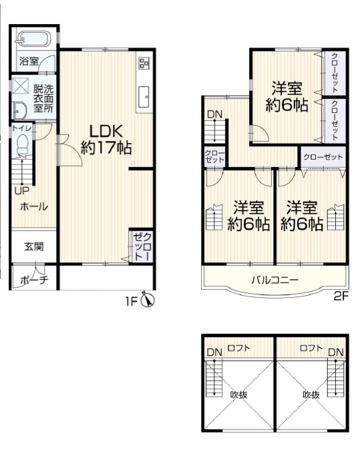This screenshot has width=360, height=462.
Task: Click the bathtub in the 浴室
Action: point(33,39)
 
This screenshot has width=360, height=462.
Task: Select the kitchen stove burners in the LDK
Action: point(144,63)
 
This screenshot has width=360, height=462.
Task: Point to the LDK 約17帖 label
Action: point(106,140)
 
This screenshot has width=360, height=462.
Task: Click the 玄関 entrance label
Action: point(34,246)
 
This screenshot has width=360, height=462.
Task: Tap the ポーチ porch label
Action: point(34,279)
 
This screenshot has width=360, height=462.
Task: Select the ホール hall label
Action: point(34,206)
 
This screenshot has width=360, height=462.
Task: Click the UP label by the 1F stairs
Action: point(22,191)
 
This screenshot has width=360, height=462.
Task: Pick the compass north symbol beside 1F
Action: point(148,300)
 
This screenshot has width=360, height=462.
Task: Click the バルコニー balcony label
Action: point(275,280)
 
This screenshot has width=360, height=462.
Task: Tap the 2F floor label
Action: point(341,296)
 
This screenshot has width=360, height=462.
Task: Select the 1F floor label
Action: point(132,301)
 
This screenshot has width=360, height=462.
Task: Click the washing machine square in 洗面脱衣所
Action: point(20,85)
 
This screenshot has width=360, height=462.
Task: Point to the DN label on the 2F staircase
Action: point(214,114)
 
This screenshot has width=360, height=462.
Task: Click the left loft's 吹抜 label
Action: point(238,394)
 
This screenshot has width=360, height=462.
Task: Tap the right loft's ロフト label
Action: point(311,348)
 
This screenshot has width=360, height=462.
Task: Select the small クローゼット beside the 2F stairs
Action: point(214,157)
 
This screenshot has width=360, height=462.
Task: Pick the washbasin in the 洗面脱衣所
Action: point(19,110)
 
